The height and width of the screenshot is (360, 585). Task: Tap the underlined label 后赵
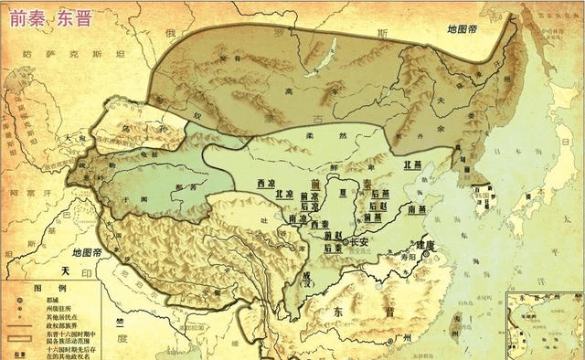pos(374,206)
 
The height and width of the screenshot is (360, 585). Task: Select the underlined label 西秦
pos(319,224)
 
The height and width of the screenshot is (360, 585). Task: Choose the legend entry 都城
pos(46,298)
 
